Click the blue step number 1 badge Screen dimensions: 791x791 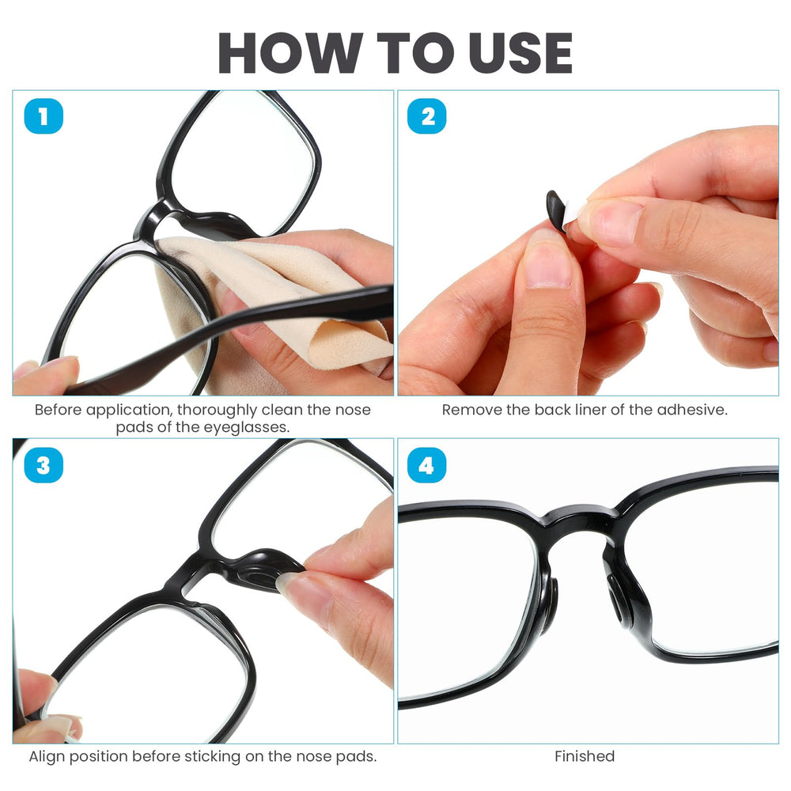click(x=44, y=116)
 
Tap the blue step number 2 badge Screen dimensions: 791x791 click(x=427, y=116)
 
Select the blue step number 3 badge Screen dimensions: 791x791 click(x=44, y=465)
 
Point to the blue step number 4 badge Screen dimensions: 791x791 click(x=427, y=465)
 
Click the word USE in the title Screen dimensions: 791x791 click(x=520, y=52)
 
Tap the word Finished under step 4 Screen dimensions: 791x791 click(x=585, y=756)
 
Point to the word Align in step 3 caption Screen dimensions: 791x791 click(x=47, y=757)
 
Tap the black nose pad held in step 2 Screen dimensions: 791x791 click(x=556, y=210)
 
